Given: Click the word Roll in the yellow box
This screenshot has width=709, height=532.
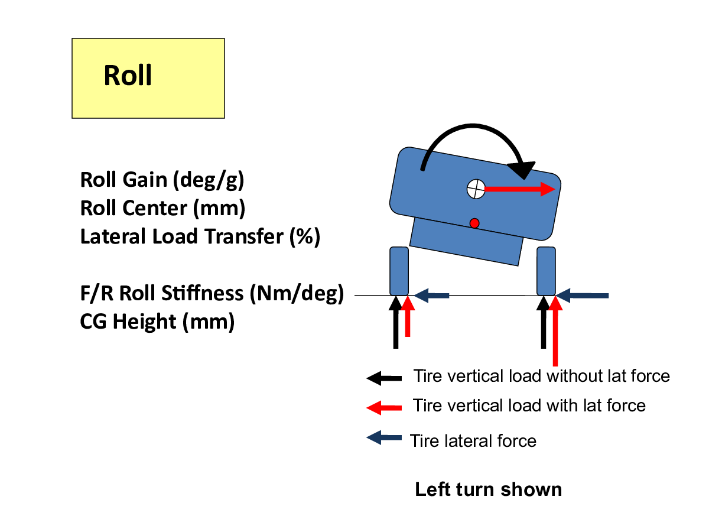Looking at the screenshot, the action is pyautogui.click(x=128, y=75).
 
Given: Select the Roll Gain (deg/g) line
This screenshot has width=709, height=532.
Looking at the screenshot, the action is pyautogui.click(x=162, y=180).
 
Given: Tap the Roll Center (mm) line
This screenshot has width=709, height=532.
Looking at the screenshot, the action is pyautogui.click(x=163, y=208).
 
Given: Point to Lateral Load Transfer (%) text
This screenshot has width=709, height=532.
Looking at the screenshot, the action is pyautogui.click(x=200, y=236).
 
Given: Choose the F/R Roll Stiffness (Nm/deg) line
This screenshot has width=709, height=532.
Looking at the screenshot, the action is pyautogui.click(x=212, y=293).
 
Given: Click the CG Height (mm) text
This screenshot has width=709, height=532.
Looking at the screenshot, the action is pyautogui.click(x=157, y=322).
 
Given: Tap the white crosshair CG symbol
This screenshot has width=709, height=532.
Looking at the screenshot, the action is pyautogui.click(x=476, y=189).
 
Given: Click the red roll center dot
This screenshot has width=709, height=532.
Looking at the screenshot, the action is pyautogui.click(x=474, y=223).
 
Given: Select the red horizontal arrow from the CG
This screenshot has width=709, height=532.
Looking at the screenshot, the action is pyautogui.click(x=520, y=189).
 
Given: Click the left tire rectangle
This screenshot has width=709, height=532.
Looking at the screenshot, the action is pyautogui.click(x=399, y=271).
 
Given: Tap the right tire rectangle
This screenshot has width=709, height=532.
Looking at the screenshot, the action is pyautogui.click(x=546, y=271).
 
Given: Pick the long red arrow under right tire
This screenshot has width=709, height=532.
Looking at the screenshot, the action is pyautogui.click(x=555, y=331).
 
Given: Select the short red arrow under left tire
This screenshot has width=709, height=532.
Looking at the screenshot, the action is pyautogui.click(x=408, y=316).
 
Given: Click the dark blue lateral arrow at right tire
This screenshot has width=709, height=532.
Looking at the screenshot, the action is pyautogui.click(x=583, y=296).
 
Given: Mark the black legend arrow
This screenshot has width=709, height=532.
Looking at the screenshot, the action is pyautogui.click(x=384, y=378).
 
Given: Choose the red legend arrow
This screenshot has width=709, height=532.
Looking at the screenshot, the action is pyautogui.click(x=384, y=408).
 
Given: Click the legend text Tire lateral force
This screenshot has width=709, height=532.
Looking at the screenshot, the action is pyautogui.click(x=473, y=441).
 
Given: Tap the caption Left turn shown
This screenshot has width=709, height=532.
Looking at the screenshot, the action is pyautogui.click(x=489, y=489).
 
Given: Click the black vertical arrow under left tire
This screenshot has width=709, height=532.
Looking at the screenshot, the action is pyautogui.click(x=396, y=322).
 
